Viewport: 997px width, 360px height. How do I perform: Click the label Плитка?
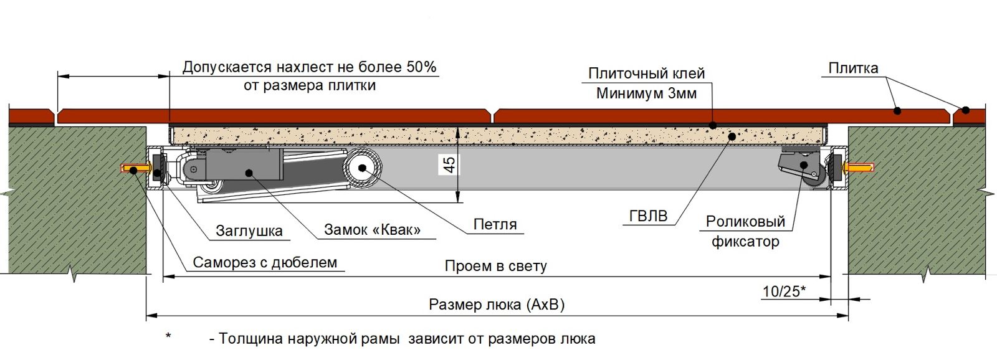click(853, 68)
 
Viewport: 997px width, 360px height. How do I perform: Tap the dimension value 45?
click(449, 165)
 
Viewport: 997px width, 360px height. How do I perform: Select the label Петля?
click(495, 224)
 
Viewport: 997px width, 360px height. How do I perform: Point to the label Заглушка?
click(249, 230)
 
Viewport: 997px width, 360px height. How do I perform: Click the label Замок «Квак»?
click(372, 230)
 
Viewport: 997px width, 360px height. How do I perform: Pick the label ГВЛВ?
click(648, 216)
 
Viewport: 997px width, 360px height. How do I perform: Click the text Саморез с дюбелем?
click(264, 262)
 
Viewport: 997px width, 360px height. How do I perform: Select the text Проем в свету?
click(495, 267)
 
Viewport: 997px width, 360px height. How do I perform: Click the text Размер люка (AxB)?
click(497, 305)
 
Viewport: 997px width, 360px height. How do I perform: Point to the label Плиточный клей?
click(646, 73)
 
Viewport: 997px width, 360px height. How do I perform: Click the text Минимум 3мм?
click(646, 93)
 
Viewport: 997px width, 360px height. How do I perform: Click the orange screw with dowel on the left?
click(135, 169)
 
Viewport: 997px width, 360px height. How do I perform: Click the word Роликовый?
click(745, 222)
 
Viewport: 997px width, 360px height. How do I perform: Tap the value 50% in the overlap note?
click(421, 67)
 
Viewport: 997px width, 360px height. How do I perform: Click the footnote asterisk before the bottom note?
click(168, 338)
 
